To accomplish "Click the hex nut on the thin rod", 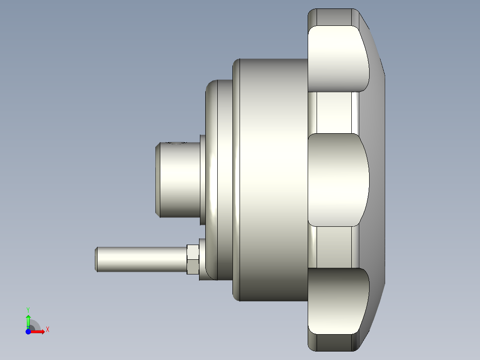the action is point(193,259).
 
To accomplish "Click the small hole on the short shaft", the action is point(176,143).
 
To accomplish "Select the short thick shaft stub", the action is point(178,180).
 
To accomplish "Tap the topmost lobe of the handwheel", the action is point(338,58).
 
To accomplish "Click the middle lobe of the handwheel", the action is point(338,180).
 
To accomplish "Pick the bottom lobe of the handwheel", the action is point(338,301).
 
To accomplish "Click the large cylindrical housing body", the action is point(270,180).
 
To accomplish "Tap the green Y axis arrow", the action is point(28,321).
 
